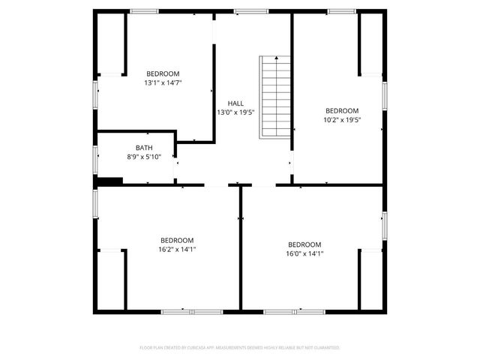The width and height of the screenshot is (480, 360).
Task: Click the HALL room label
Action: pos(235,103)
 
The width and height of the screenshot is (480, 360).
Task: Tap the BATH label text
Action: pos(144,147)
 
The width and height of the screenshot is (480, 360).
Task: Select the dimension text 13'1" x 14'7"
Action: pos(162,82)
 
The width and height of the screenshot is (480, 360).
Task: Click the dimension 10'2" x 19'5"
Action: pos(341,119)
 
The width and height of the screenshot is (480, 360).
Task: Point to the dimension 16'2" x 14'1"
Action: pos(177,249)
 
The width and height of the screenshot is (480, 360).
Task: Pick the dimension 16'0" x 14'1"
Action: pos(304,253)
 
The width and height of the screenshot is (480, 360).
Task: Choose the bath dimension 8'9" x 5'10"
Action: pos(144,157)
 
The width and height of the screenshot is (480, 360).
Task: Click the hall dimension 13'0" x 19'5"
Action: pos(235,112)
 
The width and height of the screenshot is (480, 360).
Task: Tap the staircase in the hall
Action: pos(275,97)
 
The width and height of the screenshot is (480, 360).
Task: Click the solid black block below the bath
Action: pos(109,181)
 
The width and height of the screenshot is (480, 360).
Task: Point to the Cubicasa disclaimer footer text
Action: pos(240,347)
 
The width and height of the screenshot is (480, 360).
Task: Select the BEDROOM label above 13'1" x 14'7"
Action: pos(162,73)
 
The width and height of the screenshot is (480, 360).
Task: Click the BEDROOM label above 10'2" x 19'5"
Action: pos(341,109)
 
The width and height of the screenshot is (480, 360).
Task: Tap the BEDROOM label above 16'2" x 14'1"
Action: pos(177,240)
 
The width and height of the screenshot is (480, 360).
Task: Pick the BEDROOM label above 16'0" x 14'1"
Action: pos(304,244)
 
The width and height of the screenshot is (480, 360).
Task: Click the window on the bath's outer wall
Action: pos(95,159)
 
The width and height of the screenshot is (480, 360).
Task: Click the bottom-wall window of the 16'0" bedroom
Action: pos(294,310)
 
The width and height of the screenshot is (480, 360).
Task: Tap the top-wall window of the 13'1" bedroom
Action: pos(144,11)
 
